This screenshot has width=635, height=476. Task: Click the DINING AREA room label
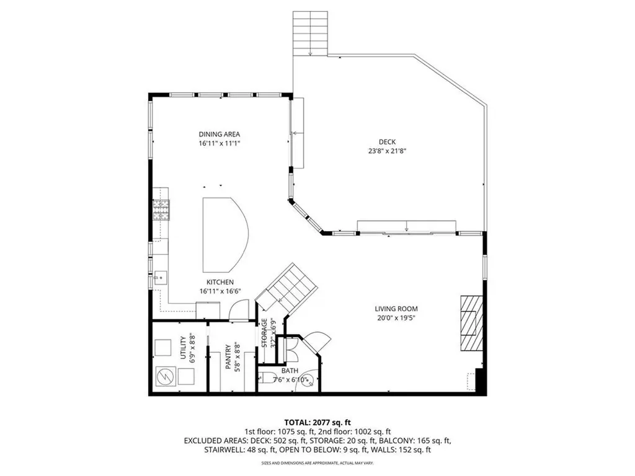click(219, 134)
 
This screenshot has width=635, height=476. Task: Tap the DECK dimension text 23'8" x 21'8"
click(388, 151)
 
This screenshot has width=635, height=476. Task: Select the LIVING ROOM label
click(396, 309)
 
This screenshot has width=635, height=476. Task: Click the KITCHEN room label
click(216, 282)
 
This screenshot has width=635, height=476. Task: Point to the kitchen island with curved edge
click(223, 234)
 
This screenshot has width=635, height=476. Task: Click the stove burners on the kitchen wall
click(161, 211)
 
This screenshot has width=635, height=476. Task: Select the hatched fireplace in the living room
click(470, 322)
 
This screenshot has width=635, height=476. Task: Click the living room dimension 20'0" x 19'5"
click(396, 317)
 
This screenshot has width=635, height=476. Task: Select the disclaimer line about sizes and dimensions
click(317, 463)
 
